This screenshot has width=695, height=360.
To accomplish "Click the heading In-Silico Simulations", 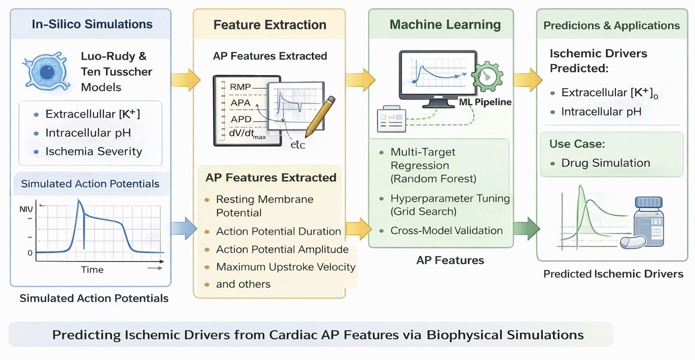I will coord(92,24).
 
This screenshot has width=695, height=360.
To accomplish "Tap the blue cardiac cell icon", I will coord(46,72).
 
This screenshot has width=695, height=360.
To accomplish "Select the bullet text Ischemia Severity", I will coord(94,151).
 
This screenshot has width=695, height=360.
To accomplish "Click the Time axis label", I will coord(92,270).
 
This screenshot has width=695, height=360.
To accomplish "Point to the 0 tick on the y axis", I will coord(30,253).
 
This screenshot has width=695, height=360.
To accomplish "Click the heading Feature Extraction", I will coord(270,25).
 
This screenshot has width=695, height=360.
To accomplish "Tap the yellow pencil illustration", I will coord(320,116).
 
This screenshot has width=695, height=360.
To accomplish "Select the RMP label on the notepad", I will coord(240,87).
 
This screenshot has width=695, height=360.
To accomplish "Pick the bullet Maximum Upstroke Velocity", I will coord(286,267).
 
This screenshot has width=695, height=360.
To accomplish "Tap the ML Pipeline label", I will coord(485,102).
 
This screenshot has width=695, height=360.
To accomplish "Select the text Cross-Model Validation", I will coord(446,231).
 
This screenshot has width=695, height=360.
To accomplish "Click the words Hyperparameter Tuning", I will coord(450,198).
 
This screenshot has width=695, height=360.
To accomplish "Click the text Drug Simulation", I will coord(605,163).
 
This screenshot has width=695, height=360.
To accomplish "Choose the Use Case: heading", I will coord(577,144).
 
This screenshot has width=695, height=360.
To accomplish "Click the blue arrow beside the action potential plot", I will coord(184,228).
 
